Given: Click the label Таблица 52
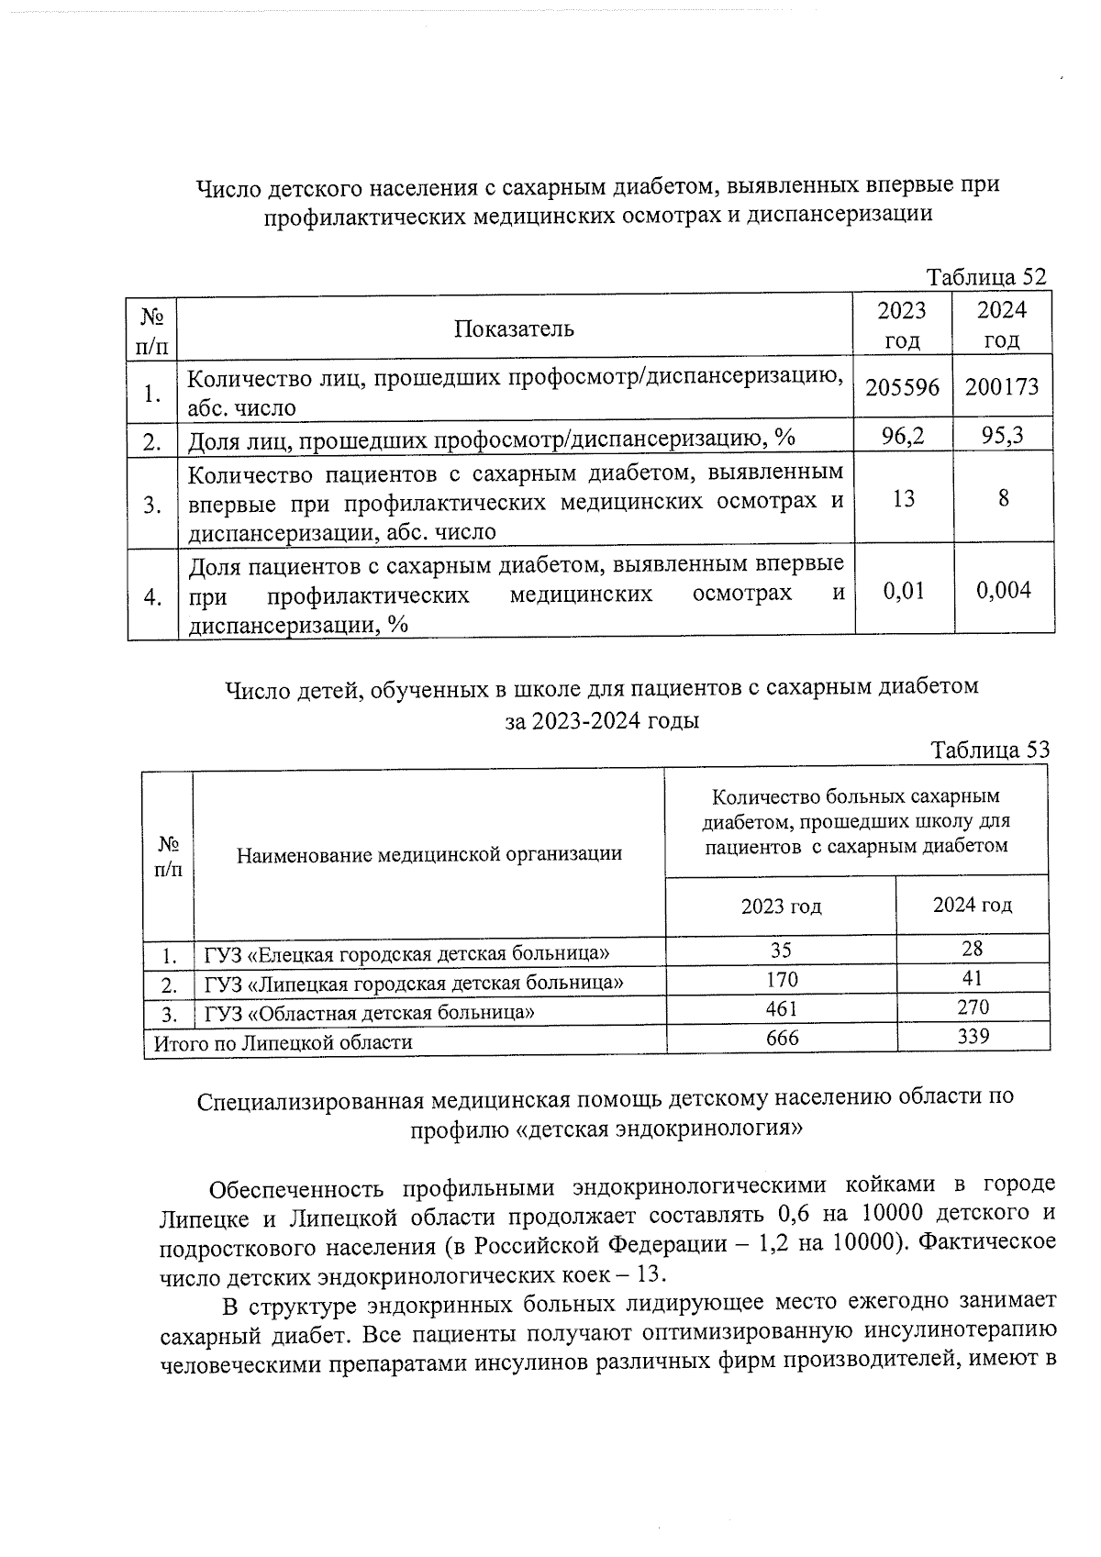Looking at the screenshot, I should point(985,277).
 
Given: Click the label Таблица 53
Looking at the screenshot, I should point(989,750).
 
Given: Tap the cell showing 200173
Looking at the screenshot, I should point(1002,387).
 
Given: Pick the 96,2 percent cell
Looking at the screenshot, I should point(903,438).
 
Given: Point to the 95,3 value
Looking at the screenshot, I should point(1002,437).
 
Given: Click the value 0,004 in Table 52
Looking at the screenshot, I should point(1003,590).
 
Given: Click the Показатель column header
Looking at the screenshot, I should point(514,328).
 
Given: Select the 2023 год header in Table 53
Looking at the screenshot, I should point(781,906).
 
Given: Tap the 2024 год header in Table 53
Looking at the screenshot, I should point(973,905).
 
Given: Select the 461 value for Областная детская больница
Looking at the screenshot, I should point(782,1008).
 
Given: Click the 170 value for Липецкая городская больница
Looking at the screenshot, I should point(782,979).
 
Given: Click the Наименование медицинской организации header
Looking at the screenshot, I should point(428,854).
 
